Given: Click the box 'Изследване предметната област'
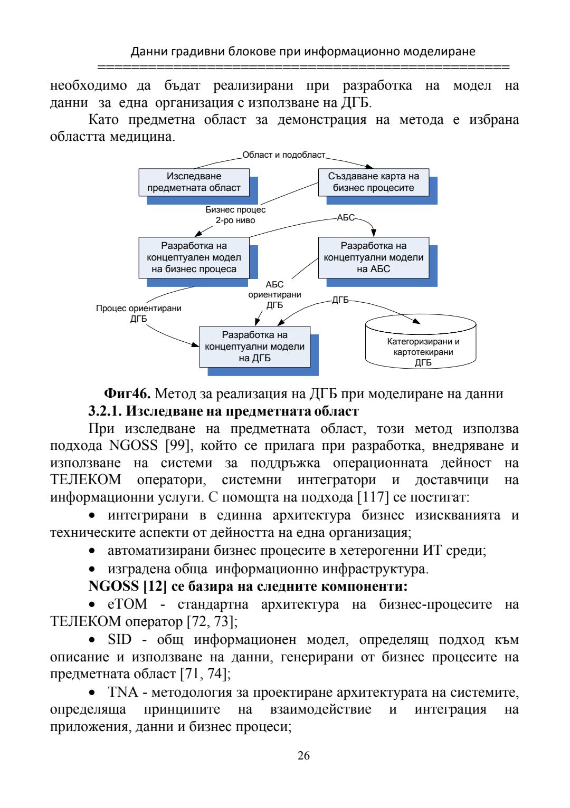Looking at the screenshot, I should (x=194, y=182).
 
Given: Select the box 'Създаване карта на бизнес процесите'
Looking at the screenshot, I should (x=373, y=182).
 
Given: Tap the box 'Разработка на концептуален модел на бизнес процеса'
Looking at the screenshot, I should (x=194, y=257).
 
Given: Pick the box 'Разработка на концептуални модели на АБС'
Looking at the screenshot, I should (x=373, y=257).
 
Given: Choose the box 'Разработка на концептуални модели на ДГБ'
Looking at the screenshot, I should (x=254, y=347).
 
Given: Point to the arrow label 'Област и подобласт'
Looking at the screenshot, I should (x=283, y=155).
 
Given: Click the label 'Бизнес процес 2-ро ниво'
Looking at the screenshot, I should (x=235, y=215).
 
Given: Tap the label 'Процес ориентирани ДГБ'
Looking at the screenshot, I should (x=138, y=313).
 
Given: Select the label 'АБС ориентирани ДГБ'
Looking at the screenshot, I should (x=274, y=295).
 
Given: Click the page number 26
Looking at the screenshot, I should (x=303, y=755).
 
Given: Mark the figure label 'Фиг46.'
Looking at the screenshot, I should (x=127, y=394).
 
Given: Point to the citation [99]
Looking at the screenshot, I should (x=177, y=446).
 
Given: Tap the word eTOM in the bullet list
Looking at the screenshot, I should (x=127, y=604).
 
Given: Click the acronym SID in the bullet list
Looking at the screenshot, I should (x=119, y=640).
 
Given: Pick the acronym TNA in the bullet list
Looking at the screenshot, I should (x=122, y=692).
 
